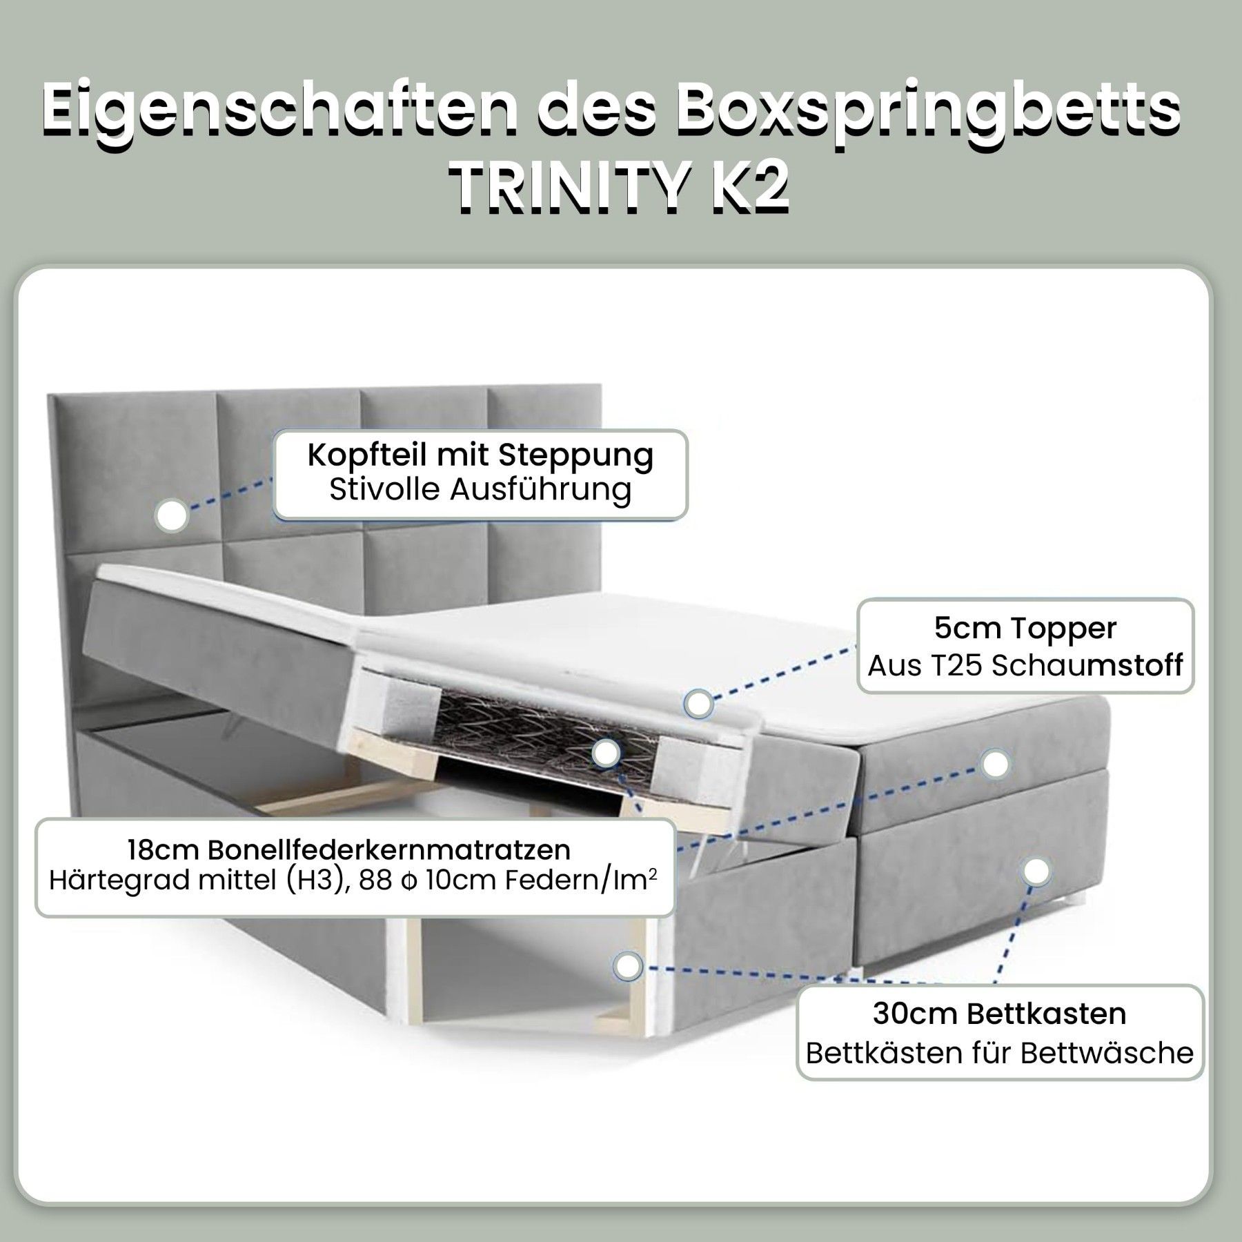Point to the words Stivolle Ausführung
tap(480, 491)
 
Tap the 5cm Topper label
tap(1025, 629)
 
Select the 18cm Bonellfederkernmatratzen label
tap(349, 850)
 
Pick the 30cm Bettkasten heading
tap(999, 1014)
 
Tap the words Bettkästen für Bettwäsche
tap(999, 1054)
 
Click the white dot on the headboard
tap(172, 515)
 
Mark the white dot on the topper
tap(699, 704)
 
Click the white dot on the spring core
tap(607, 754)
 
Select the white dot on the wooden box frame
tap(627, 966)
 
